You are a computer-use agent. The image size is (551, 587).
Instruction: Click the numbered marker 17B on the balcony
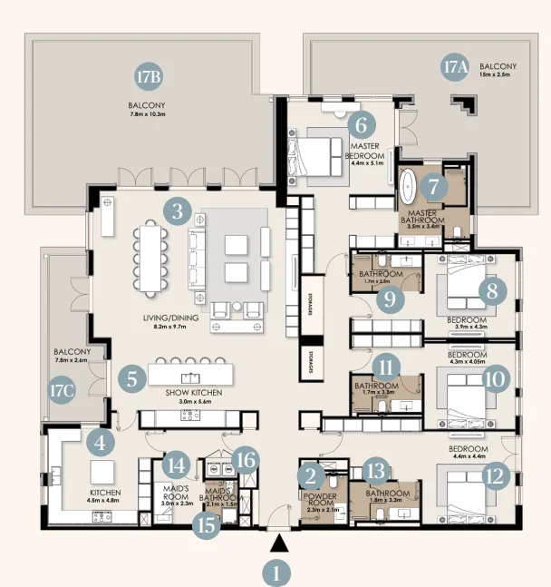point(149,77)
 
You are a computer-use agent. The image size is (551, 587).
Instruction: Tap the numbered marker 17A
point(453,67)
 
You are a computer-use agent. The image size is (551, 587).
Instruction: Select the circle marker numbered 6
point(360,124)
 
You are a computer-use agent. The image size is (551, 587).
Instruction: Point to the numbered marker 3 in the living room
point(177,213)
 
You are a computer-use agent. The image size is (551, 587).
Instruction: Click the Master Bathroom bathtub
point(409,188)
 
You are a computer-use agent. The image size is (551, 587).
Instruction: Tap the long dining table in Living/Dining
point(150,259)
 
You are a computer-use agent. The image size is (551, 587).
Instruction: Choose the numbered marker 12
point(496,476)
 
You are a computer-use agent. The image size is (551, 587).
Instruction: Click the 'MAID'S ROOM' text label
point(176,491)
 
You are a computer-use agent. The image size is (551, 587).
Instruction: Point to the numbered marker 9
point(389,298)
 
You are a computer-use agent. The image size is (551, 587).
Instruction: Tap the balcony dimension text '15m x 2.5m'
point(498,76)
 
